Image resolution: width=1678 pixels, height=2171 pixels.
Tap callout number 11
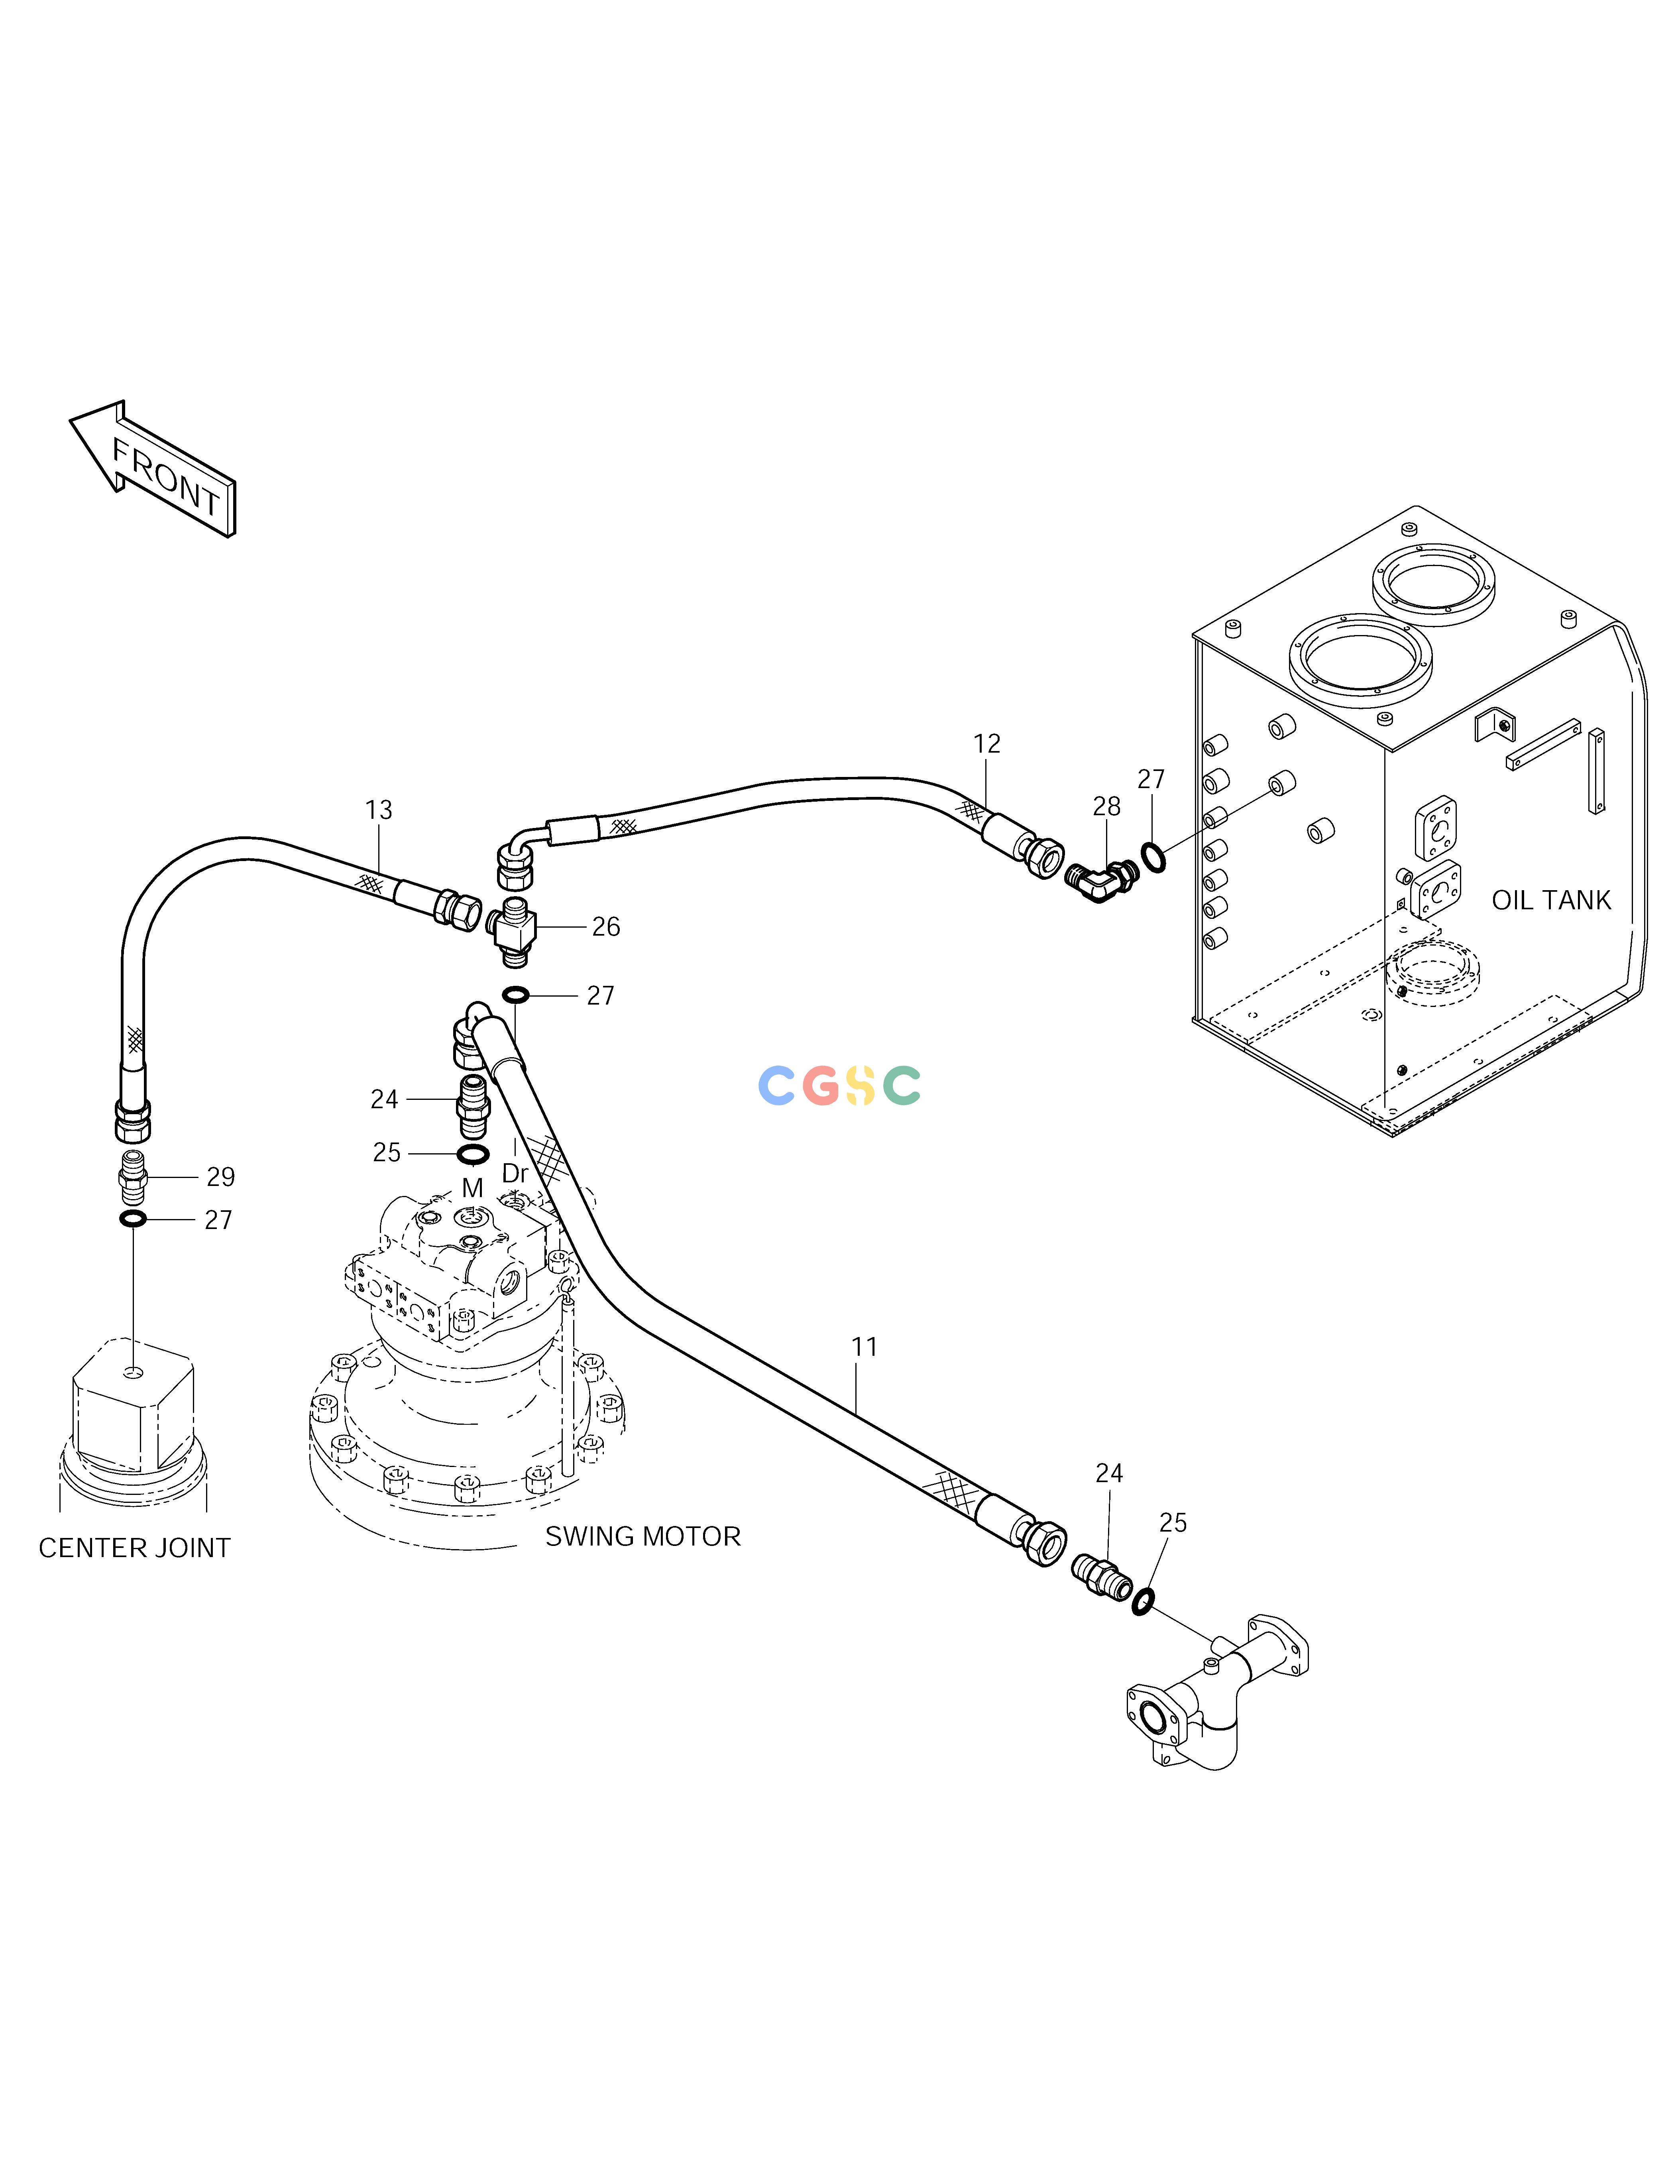[865, 1347]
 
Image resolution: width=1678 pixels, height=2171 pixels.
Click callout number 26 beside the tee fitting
[605, 928]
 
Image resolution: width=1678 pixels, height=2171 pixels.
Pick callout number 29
[221, 1177]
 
